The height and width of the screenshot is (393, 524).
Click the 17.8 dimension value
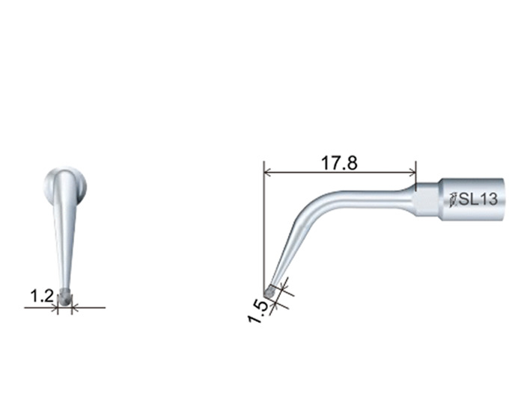pos(339,163)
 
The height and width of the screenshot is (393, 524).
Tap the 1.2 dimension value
pos(42,296)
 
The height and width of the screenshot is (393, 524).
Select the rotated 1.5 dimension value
pos(259,312)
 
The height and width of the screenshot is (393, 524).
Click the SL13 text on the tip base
pos(478,199)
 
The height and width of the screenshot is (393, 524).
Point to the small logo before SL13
pos(453,199)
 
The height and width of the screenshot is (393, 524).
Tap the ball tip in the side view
pos(269,292)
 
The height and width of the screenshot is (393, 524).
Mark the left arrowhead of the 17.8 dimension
pos(266,173)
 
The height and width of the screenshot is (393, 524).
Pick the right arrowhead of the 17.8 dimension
pos(413,173)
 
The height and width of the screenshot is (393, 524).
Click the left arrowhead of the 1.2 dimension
pos(55,308)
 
